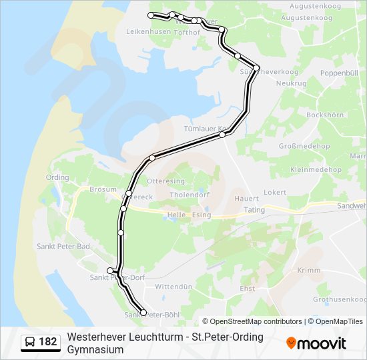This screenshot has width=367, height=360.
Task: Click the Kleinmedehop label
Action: [316, 170]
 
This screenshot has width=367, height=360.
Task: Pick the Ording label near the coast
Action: [57, 177]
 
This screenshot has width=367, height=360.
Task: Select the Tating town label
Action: [254, 209]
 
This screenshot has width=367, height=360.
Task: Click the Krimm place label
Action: [308, 270]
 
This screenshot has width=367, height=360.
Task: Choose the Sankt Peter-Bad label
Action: [65, 247]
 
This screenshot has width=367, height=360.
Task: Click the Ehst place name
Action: [247, 288]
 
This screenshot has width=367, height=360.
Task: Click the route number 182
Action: [47, 342]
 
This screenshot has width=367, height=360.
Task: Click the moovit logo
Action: [316, 343]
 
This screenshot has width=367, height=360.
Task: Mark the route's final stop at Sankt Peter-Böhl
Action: [143, 313]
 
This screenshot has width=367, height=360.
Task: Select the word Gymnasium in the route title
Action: [95, 349]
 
